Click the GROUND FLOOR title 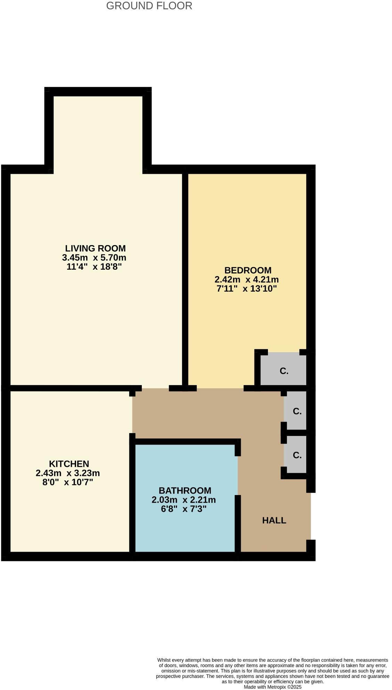pyautogui.click(x=149, y=6)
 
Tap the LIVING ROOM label pyautogui.click(x=95, y=248)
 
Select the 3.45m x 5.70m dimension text pyautogui.click(x=94, y=258)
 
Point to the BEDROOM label pyautogui.click(x=248, y=270)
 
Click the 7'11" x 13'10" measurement pyautogui.click(x=246, y=289)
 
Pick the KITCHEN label pyautogui.click(x=69, y=464)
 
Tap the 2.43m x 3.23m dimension pyautogui.click(x=68, y=473)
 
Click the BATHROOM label pyautogui.click(x=185, y=490)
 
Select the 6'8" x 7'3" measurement pyautogui.click(x=183, y=509)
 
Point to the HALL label pyautogui.click(x=274, y=520)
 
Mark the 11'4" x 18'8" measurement pyautogui.click(x=94, y=267)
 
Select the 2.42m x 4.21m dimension pyautogui.click(x=246, y=279)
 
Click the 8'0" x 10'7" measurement pyautogui.click(x=68, y=482)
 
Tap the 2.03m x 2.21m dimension pyautogui.click(x=183, y=500)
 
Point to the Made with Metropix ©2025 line pyautogui.click(x=272, y=687)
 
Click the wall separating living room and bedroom pyautogui.click(x=185, y=278)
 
